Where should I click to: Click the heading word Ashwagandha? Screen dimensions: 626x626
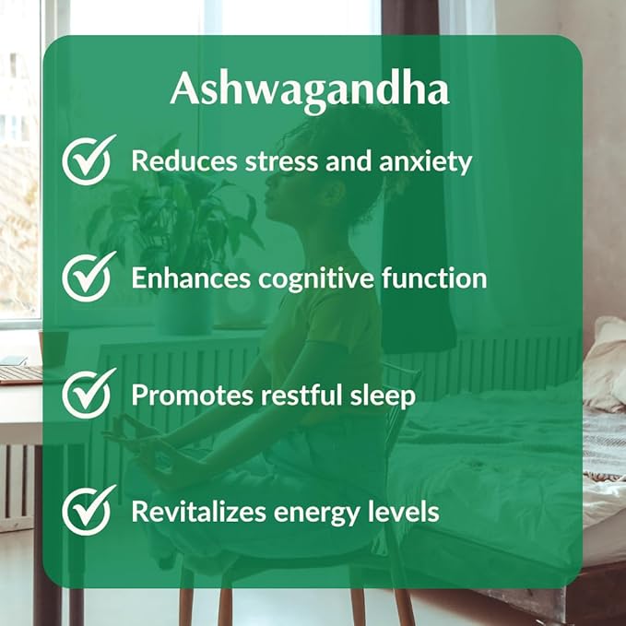310,90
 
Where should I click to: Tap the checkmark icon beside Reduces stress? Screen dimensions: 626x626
89,160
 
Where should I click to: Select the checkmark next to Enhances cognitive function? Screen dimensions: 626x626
89,277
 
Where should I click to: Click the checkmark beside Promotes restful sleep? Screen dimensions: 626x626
89,394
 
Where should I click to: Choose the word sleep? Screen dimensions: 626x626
385,396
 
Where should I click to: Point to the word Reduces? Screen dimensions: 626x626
176,161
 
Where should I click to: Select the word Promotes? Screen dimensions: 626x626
184,395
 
